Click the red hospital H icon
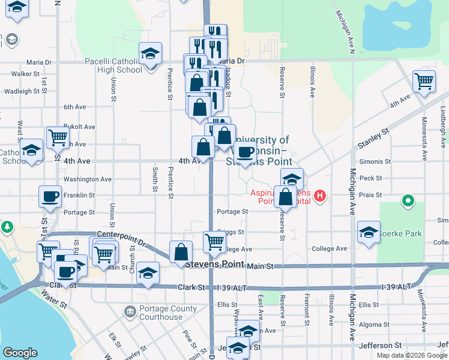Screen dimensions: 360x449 pos(320,196)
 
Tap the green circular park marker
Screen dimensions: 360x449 pos(408,200)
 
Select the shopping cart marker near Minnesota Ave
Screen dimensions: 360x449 pos(424,80)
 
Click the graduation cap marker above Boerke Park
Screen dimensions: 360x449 pos(369,232)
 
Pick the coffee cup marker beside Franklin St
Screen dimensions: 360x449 pos(50,196)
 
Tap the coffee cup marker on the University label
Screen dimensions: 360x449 pos(244,152)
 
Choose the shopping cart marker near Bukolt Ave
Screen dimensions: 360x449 pos(58,137)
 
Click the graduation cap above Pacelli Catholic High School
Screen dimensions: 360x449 pos(150,53)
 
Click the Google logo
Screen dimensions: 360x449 pos(20,353)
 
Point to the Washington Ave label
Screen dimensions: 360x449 pos(87,179)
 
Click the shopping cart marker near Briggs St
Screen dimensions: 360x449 pos(214,241)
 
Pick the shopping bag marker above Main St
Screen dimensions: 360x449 pos(181,252)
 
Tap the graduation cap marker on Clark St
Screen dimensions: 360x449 pos(148,273)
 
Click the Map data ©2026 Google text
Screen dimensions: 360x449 pos(411,355)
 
